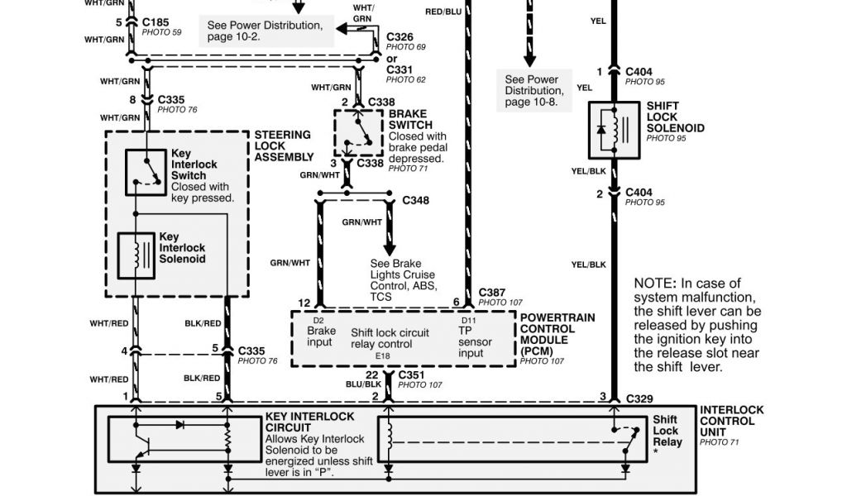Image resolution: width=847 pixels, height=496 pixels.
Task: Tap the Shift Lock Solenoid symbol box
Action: tap(613, 130)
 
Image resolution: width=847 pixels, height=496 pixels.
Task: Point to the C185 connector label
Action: tap(156, 21)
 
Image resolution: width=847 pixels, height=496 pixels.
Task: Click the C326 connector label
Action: tap(400, 38)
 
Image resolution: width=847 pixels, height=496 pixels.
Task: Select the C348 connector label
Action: tap(415, 201)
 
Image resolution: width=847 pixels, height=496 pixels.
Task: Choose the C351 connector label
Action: tap(412, 374)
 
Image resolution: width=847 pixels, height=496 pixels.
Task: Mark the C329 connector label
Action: tap(639, 398)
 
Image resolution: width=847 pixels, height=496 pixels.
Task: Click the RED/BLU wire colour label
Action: tap(443, 12)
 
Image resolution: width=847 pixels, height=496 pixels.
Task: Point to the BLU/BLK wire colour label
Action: tap(364, 384)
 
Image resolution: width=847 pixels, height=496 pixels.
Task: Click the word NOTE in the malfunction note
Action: tap(653, 284)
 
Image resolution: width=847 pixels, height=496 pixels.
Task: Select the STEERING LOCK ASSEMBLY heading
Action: tap(284, 145)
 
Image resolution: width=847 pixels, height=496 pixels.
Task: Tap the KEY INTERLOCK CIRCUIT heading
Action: tap(309, 422)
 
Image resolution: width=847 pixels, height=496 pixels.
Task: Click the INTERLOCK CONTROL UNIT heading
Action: tap(731, 421)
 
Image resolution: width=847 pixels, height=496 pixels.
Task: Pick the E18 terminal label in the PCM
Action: tap(382, 355)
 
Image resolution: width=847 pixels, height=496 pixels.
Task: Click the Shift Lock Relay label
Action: tap(667, 431)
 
